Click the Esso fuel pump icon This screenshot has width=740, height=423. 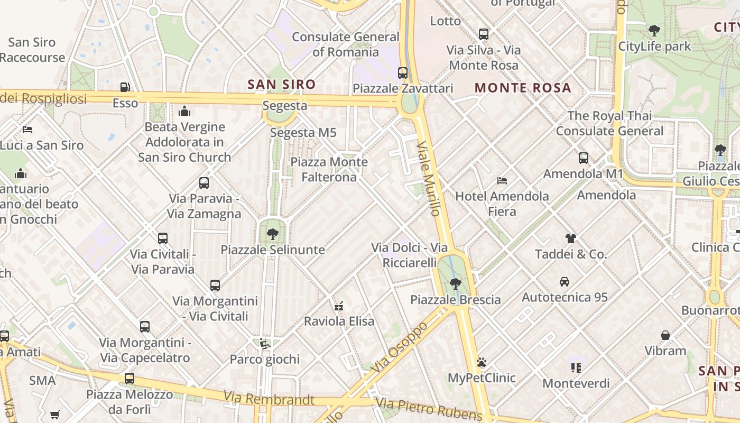click(125, 87)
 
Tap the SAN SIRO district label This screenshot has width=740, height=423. click(282, 85)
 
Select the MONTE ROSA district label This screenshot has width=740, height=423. click(523, 88)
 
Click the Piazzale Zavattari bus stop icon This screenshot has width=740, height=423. click(403, 73)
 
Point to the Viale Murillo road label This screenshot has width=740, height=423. click(429, 178)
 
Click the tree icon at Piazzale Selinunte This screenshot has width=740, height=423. click(273, 234)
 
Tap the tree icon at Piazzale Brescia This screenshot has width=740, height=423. click(455, 284)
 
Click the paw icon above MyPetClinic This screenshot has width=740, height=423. click(482, 363)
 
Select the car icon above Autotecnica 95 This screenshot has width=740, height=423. click(565, 282)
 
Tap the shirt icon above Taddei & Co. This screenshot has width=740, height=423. click(571, 238)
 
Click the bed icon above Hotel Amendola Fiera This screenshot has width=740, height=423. click(502, 181)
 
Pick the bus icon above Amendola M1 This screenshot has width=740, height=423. click(584, 158)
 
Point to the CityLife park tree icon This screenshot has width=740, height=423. click(654, 31)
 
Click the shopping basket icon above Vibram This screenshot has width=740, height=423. click(665, 335)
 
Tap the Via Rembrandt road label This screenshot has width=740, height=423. click(269, 399)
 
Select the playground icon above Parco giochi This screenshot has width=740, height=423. click(265, 344)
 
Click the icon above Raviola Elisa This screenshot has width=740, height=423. click(339, 306)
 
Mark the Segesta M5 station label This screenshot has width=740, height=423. click(303, 133)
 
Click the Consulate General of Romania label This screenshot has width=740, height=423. click(346, 44)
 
